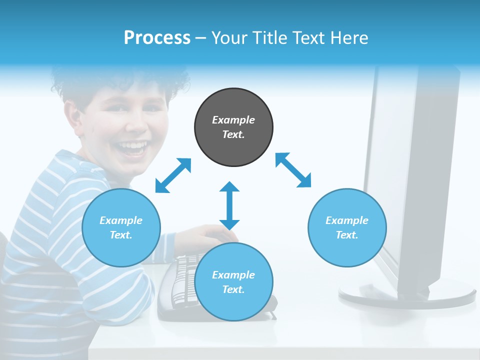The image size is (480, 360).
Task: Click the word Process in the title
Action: click(157, 38)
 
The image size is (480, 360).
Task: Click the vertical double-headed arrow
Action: click(229, 205)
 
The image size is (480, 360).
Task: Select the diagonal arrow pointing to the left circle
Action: click(173, 175)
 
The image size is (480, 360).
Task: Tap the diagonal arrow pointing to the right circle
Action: click(293, 170)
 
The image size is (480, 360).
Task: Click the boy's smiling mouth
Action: click(133, 148)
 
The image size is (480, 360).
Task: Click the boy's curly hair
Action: click(120, 80)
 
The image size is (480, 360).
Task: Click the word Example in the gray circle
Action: click(233, 120)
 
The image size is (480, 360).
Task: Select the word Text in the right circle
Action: click(347, 235)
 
